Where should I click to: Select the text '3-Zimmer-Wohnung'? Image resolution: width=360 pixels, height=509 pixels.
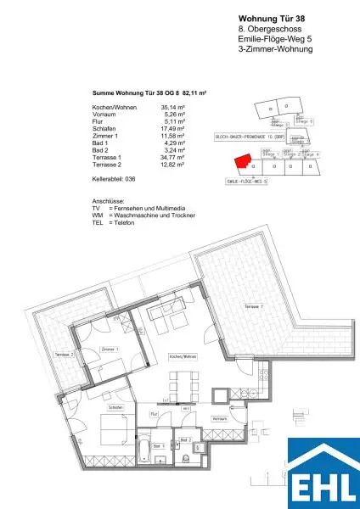point(276,50)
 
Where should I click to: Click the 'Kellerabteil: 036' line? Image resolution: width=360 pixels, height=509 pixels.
point(114,180)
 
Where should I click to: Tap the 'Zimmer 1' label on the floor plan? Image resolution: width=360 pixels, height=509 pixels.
point(110,350)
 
